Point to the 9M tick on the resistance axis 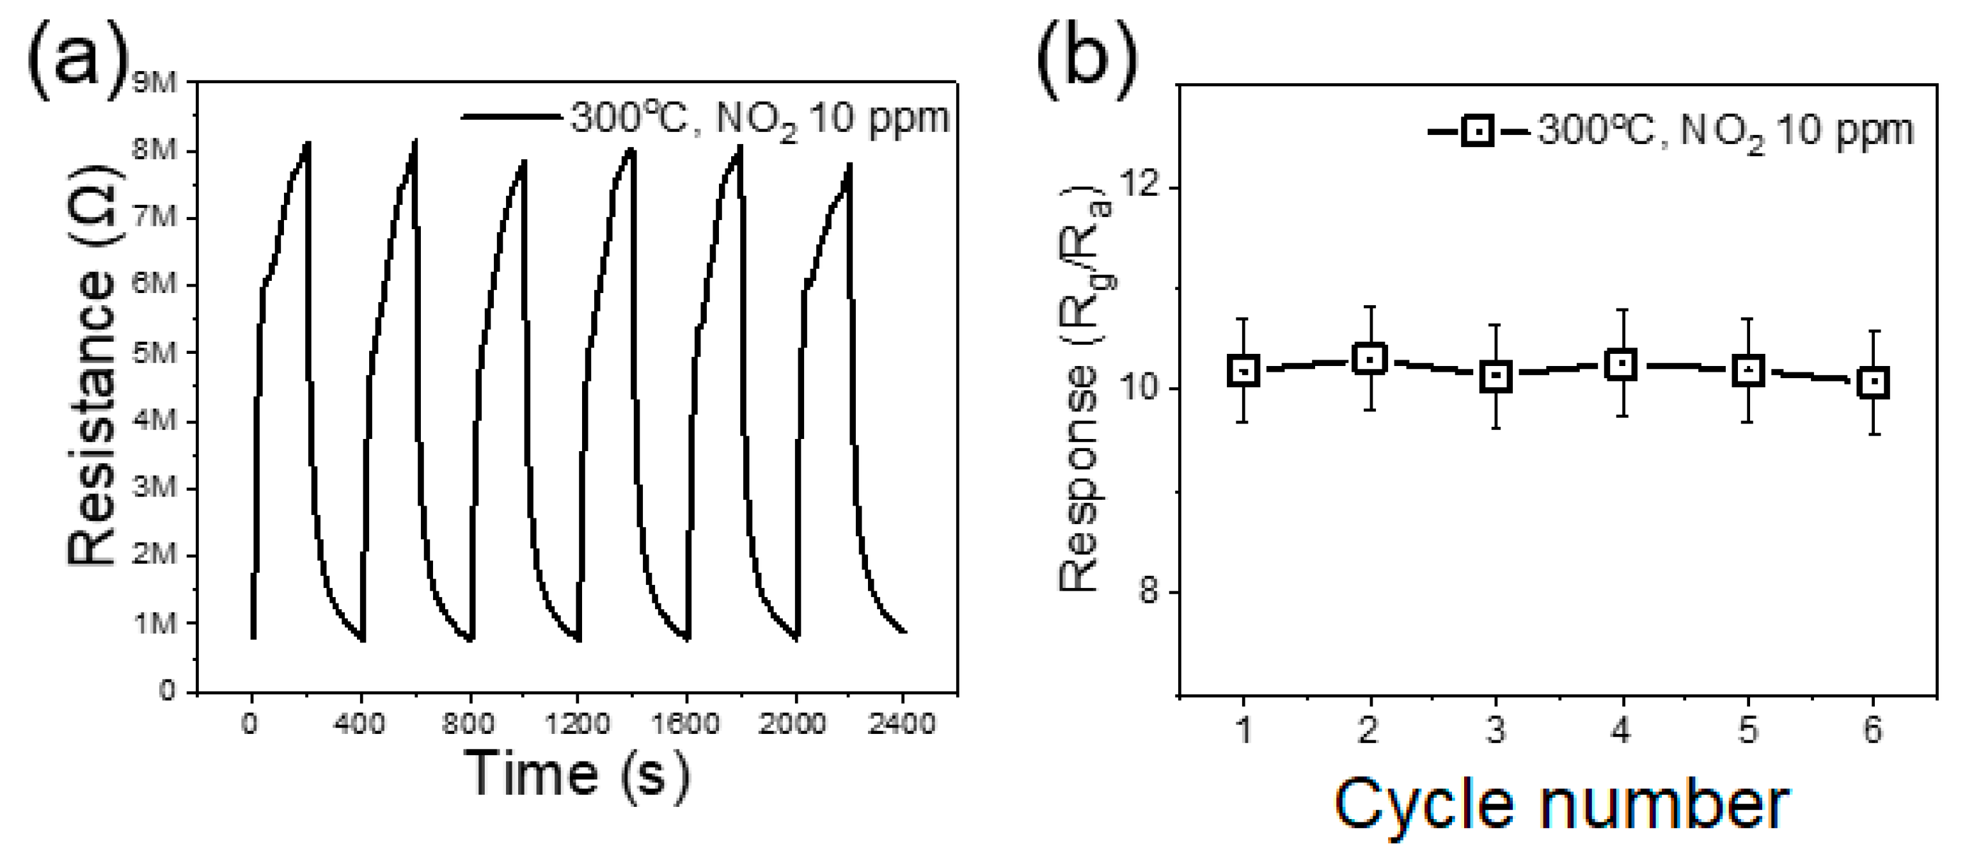(154, 83)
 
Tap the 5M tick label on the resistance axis (154, 353)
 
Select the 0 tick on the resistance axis (167, 690)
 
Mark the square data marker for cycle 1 (1243, 371)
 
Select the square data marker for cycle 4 (1621, 364)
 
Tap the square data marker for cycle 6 (1874, 382)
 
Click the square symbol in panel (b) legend (1478, 132)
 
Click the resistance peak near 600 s (415, 142)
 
